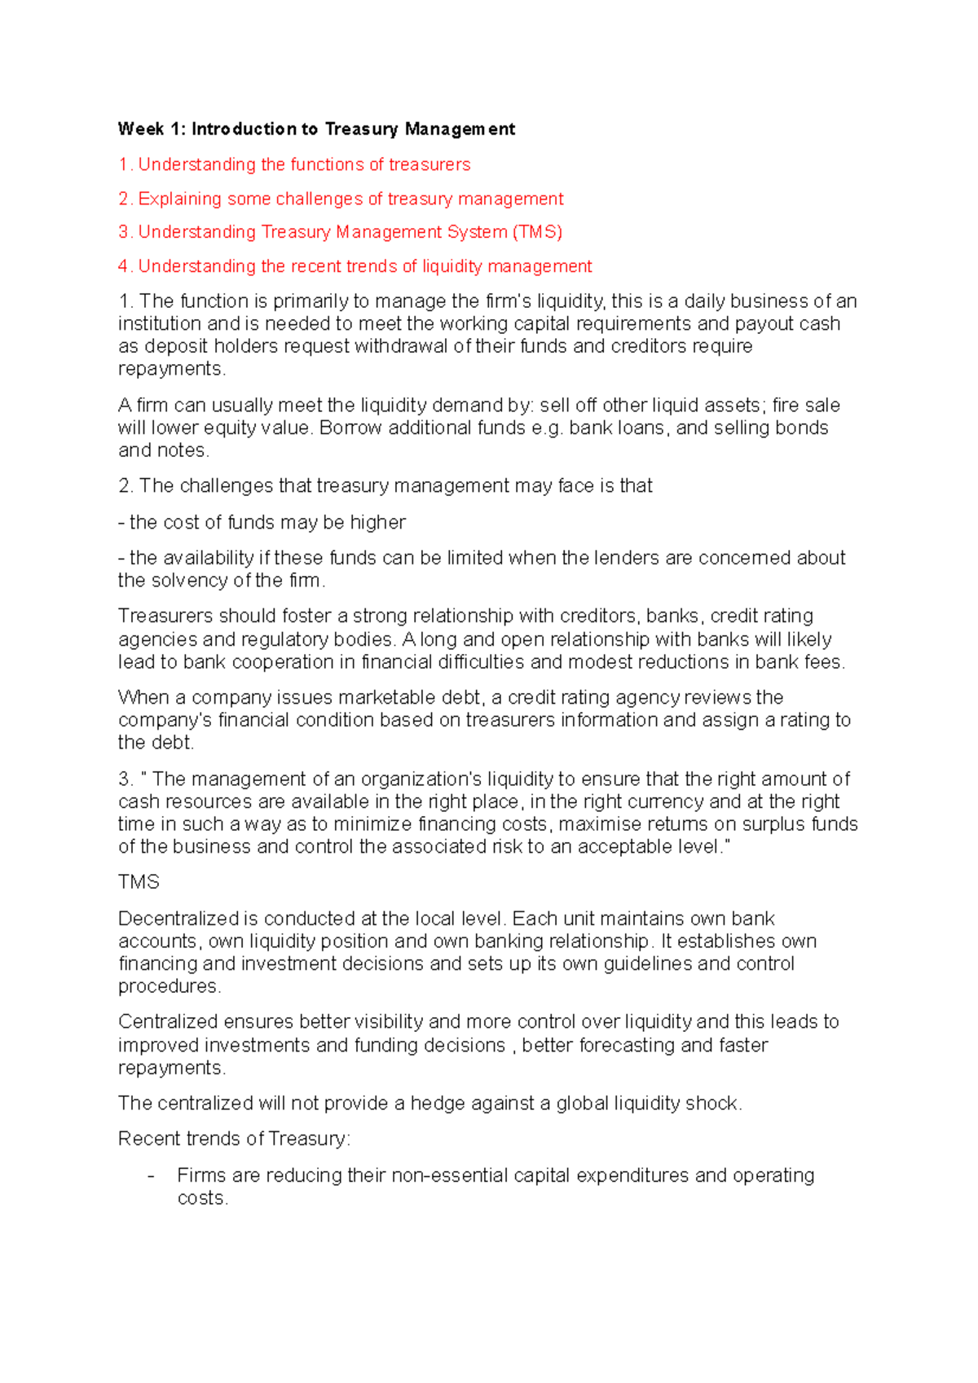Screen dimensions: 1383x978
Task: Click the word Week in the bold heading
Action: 141,129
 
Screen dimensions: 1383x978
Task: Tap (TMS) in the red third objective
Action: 537,232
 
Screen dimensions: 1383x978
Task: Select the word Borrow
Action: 350,428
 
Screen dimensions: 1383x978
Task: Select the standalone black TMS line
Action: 139,882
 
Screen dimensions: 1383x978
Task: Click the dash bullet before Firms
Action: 151,1176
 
